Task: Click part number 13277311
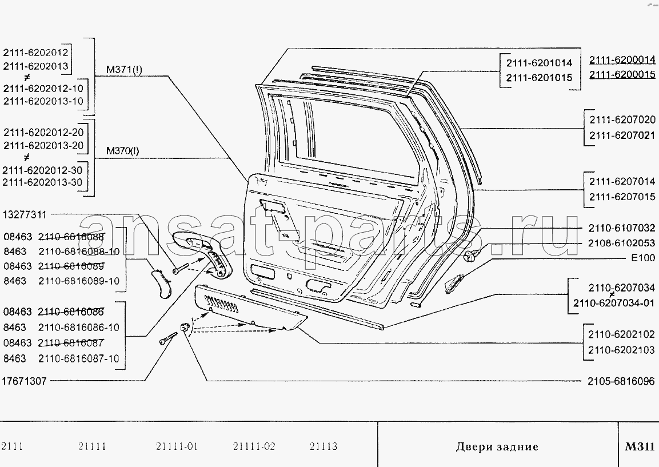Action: point(25,215)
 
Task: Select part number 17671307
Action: point(25,381)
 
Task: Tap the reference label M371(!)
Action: point(124,71)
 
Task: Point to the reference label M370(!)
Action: point(122,151)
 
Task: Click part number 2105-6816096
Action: point(620,381)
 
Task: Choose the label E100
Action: point(643,258)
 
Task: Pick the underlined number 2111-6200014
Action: point(622,59)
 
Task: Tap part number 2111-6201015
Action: point(539,78)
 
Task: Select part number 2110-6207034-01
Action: point(613,304)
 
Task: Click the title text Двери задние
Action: point(497,447)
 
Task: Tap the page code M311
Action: point(640,447)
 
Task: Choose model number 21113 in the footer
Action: point(323,446)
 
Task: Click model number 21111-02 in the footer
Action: point(254,446)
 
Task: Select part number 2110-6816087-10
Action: point(79,358)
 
